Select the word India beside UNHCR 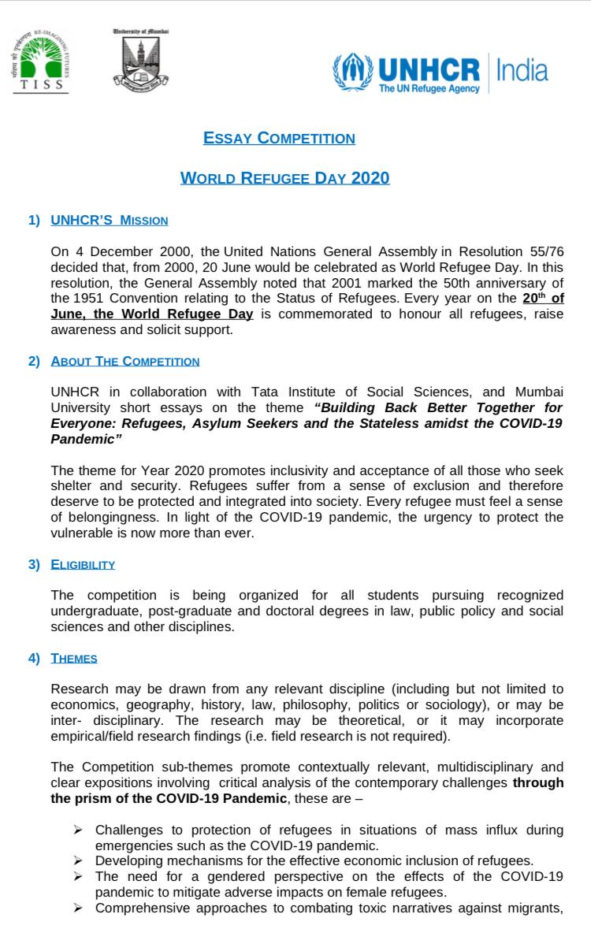pyautogui.click(x=521, y=70)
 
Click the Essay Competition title pyautogui.click(x=279, y=139)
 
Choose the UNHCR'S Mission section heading pyautogui.click(x=109, y=221)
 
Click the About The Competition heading pyautogui.click(x=125, y=362)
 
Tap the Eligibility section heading pyautogui.click(x=83, y=564)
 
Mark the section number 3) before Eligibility pyautogui.click(x=34, y=564)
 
